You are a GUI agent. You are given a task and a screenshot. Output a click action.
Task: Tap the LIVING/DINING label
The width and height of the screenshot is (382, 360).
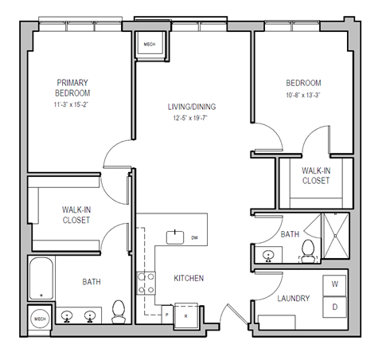(192, 108)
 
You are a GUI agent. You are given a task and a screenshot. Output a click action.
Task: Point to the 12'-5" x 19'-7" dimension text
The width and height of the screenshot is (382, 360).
(192, 119)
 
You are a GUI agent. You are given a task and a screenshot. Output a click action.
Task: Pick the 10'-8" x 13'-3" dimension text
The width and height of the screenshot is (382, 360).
(302, 96)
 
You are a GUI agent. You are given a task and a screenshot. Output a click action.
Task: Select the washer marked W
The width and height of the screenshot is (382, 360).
(335, 284)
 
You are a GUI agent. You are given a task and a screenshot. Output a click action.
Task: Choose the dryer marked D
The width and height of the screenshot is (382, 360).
(335, 306)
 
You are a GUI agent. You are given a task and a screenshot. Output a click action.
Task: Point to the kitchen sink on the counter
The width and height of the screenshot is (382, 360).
(175, 236)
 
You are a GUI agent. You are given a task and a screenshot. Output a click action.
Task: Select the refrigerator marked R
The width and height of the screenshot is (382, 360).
(186, 312)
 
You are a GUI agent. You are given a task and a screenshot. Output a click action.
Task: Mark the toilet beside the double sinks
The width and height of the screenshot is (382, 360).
(119, 312)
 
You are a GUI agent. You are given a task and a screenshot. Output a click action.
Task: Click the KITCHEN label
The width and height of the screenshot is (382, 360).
(189, 279)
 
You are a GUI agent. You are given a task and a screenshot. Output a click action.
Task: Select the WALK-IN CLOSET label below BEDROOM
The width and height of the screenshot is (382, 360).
(316, 175)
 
